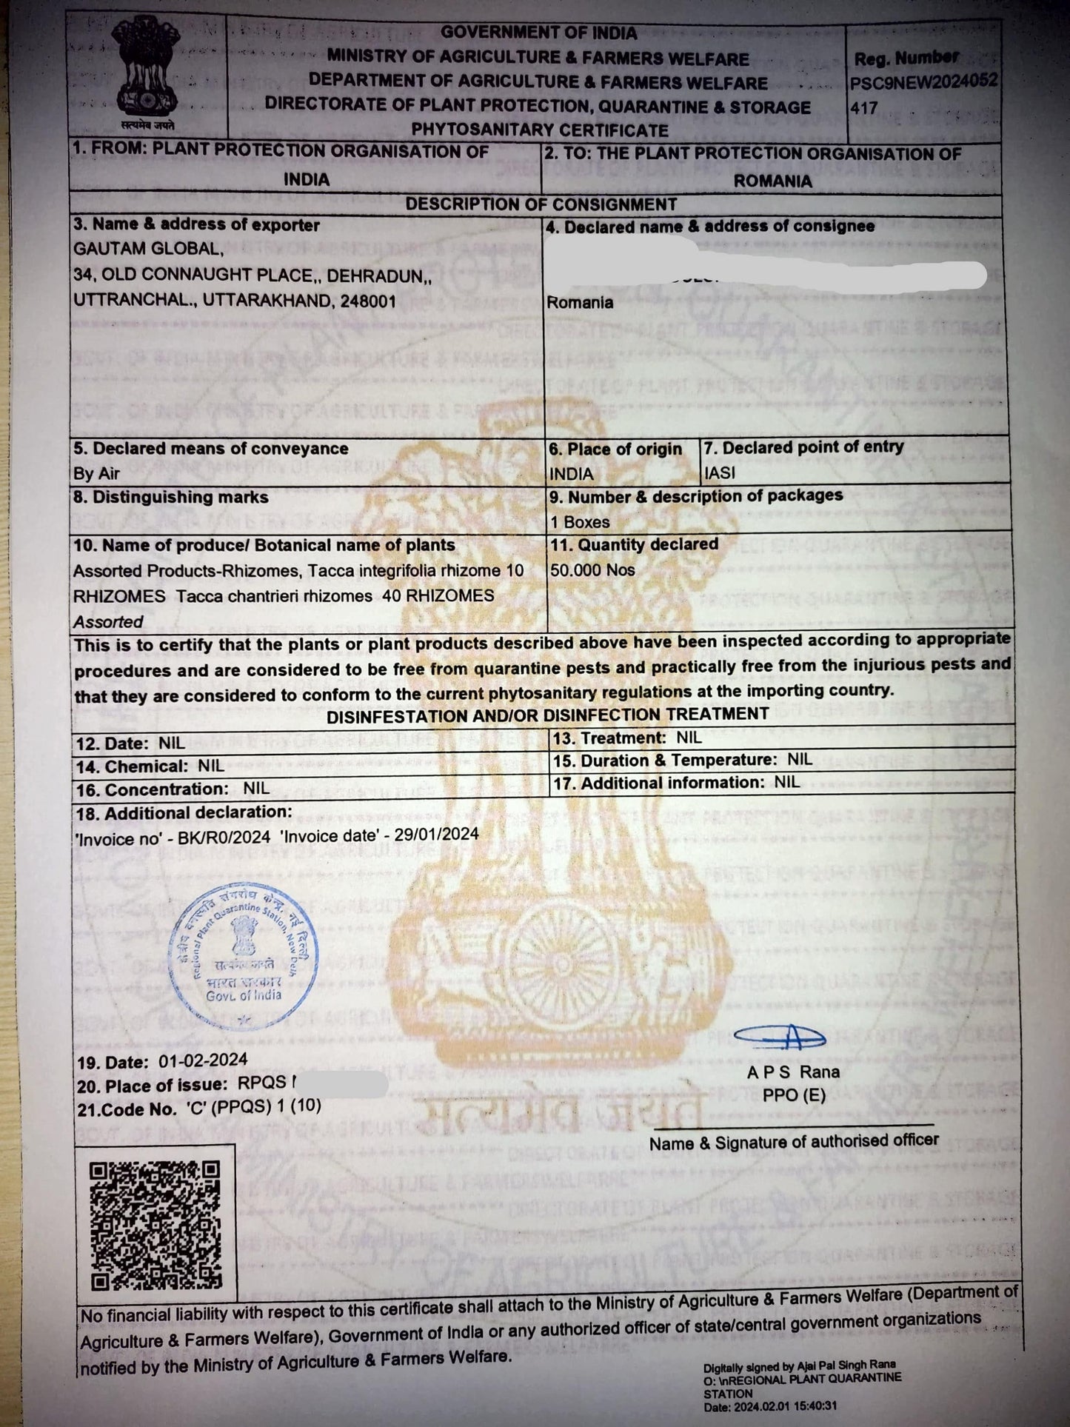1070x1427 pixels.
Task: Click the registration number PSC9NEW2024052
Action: [923, 81]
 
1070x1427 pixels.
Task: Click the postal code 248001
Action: [368, 301]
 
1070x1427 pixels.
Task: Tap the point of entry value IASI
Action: [720, 473]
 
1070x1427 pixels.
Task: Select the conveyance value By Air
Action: [96, 474]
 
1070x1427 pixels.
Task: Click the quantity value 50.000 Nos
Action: [592, 570]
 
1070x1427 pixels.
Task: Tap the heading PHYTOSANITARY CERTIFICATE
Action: [540, 130]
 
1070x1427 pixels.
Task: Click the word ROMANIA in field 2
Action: [772, 181]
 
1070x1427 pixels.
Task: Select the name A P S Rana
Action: [793, 1072]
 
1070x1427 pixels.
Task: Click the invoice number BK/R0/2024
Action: [224, 837]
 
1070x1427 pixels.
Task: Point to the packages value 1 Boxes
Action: [580, 522]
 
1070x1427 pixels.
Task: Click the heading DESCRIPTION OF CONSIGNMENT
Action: [541, 204]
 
